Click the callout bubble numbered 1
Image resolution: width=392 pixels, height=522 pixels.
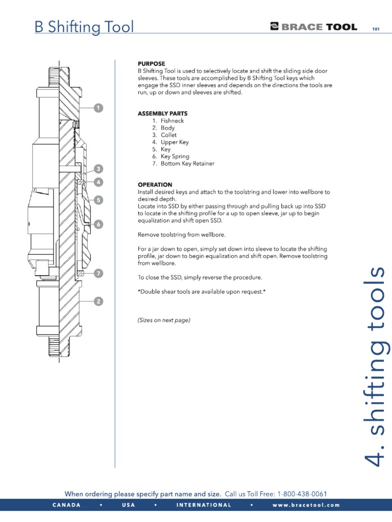[98, 108]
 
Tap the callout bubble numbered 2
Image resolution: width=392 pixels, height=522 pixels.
[98, 302]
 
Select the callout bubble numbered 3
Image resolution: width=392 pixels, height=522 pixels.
[98, 169]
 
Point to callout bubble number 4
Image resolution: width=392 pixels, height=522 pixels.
[98, 181]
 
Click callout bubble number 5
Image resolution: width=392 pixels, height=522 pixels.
[98, 200]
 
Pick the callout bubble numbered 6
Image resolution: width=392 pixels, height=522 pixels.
[98, 224]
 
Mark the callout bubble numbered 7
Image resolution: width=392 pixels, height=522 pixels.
[98, 274]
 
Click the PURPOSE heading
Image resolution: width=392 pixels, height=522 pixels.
[152, 64]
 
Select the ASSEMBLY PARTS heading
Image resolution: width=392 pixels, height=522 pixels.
[162, 114]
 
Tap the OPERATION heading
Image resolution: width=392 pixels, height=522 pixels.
[155, 185]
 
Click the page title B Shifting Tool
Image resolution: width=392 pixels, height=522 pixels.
[84, 27]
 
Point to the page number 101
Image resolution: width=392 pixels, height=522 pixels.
[377, 29]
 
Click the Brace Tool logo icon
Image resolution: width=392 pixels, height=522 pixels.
[275, 27]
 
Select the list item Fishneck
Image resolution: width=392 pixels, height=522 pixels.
[172, 121]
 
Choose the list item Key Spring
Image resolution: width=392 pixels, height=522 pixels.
[175, 156]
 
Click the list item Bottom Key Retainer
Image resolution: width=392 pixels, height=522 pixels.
[187, 164]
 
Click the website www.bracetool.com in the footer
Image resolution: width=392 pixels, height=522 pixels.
[306, 505]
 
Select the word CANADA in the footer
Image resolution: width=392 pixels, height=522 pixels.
[66, 505]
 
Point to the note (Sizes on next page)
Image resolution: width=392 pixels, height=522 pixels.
[164, 320]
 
